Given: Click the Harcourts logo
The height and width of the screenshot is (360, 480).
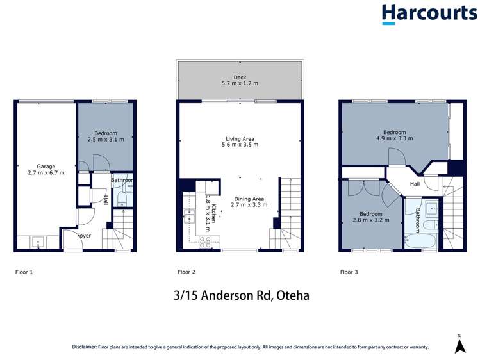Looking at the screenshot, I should tap(424, 14).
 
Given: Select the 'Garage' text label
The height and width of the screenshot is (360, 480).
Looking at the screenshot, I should tap(42, 165).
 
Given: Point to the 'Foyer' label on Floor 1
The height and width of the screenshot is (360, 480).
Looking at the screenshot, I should tap(83, 236).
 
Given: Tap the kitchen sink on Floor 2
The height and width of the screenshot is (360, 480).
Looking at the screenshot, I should tap(188, 215).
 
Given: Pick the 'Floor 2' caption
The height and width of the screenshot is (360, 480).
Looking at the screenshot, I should tap(186, 272).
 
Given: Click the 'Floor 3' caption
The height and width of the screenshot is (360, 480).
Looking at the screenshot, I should tap(349, 272).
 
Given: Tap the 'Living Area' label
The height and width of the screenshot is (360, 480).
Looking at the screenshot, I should tap(240, 138).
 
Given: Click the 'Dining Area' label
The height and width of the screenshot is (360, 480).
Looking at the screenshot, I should tap(249, 199).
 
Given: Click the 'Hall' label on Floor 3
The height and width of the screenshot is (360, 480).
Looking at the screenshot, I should tap(415, 183).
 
